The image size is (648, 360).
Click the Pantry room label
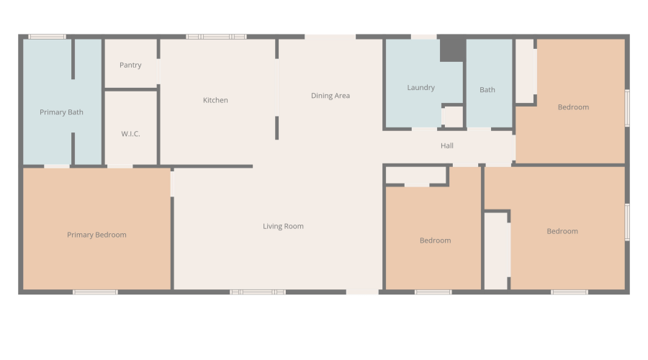tap(130, 66)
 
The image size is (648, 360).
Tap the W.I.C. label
tap(130, 134)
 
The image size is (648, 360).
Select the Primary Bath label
tap(61, 112)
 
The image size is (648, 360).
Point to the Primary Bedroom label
tap(96, 235)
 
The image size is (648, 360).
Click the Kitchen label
tap(215, 100)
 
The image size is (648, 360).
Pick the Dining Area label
tap(330, 96)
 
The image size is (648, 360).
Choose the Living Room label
tap(283, 226)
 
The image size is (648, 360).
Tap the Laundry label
tap(420, 88)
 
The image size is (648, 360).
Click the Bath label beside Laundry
tap(487, 90)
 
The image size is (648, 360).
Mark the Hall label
tap(447, 146)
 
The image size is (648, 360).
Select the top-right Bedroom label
tap(573, 107)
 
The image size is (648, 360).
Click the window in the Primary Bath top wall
tap(47, 37)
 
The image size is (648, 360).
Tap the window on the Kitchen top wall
tap(216, 37)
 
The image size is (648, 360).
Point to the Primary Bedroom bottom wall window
tap(95, 292)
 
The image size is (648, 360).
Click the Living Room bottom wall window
tap(258, 292)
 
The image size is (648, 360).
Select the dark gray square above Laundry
tap(451, 49)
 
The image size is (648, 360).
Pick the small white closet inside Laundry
tap(452, 116)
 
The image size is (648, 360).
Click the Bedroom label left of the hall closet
tap(435, 240)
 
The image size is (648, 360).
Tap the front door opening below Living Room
tap(362, 292)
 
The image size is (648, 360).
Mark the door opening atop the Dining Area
tap(330, 37)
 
